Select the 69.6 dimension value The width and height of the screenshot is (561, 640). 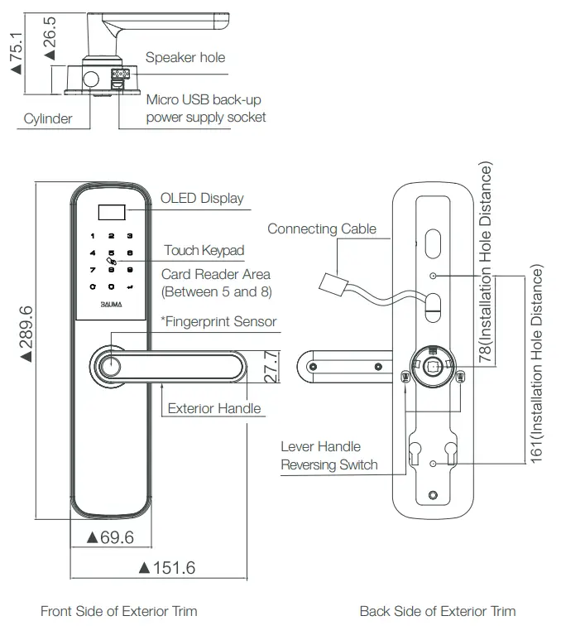click(x=111, y=537)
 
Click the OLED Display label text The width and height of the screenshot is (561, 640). click(x=202, y=198)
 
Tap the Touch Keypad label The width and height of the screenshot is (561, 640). click(x=204, y=250)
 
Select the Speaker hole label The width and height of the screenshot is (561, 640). click(x=185, y=57)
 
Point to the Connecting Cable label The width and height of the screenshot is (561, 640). click(x=322, y=229)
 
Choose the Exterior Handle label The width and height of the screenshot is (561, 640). click(x=213, y=408)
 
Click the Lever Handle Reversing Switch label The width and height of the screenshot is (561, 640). click(x=328, y=455)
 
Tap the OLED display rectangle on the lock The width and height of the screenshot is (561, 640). click(x=110, y=213)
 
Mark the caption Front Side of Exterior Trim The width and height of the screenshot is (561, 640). click(x=118, y=611)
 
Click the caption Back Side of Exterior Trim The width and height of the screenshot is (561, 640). click(x=437, y=611)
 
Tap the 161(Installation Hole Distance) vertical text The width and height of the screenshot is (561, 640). click(x=537, y=364)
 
